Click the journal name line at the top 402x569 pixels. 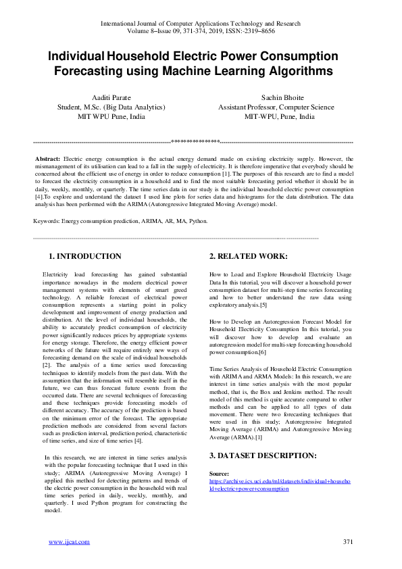click(201, 24)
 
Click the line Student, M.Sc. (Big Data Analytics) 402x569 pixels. click(111, 107)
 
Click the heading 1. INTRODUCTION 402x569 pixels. click(85, 256)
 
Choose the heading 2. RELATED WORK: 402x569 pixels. click(248, 256)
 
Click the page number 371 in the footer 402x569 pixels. click(349, 542)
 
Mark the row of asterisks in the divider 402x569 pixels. click(195, 142)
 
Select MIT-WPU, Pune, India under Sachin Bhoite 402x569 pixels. click(279, 116)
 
